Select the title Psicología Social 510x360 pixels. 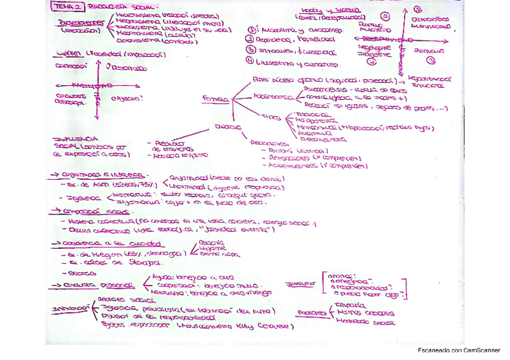110,7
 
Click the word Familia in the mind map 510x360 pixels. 215,99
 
